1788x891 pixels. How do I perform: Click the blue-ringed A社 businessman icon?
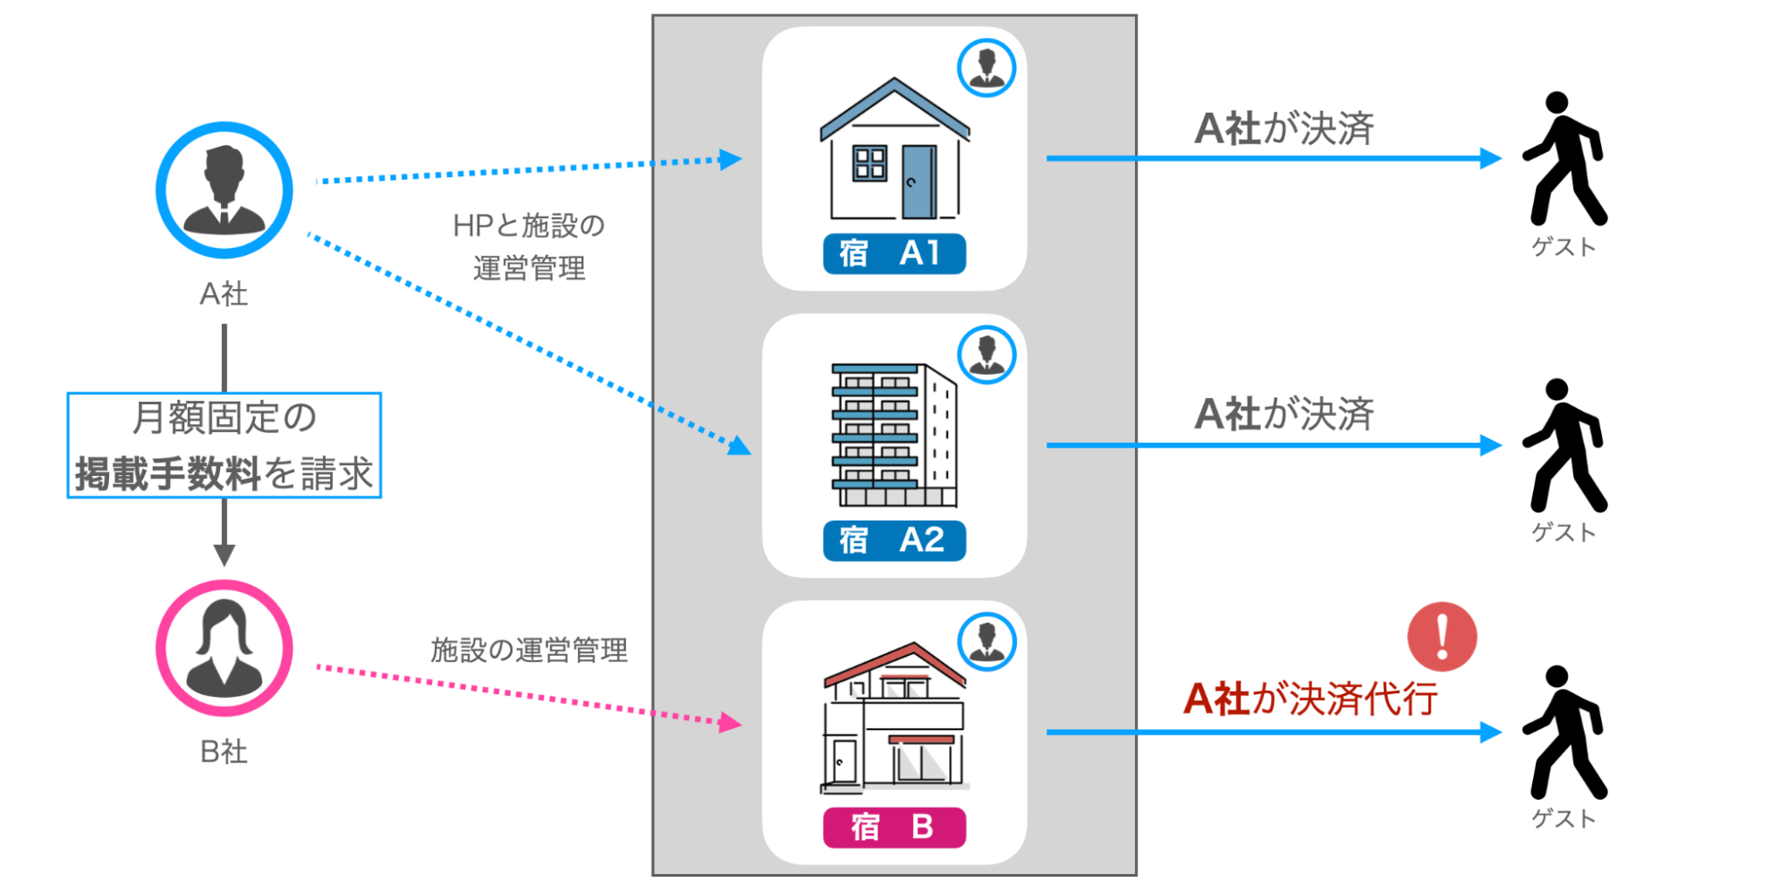[x=224, y=190]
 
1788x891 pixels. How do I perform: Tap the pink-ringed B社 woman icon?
[x=224, y=649]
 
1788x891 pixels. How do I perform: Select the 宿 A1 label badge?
[x=894, y=253]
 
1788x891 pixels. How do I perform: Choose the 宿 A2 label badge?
[x=894, y=540]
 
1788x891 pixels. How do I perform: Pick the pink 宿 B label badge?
[x=894, y=827]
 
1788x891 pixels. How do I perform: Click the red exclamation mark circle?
[x=1442, y=636]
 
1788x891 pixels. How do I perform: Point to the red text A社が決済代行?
[x=1309, y=699]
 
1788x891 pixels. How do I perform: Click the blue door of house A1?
[x=918, y=182]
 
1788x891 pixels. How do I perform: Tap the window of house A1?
[x=869, y=164]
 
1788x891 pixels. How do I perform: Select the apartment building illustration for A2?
[x=894, y=435]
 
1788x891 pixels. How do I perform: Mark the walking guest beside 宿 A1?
[x=1564, y=158]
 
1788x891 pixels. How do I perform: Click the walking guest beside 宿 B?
[x=1564, y=733]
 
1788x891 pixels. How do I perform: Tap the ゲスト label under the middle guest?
[x=1563, y=532]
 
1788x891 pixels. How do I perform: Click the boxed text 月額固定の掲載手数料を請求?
[x=225, y=445]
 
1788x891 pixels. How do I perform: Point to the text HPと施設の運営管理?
[x=529, y=247]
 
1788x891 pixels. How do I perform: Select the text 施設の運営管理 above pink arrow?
[x=529, y=650]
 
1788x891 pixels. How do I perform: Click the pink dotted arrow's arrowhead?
[x=731, y=722]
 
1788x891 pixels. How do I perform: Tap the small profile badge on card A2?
[x=987, y=354]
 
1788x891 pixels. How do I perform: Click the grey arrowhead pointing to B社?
[x=225, y=555]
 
